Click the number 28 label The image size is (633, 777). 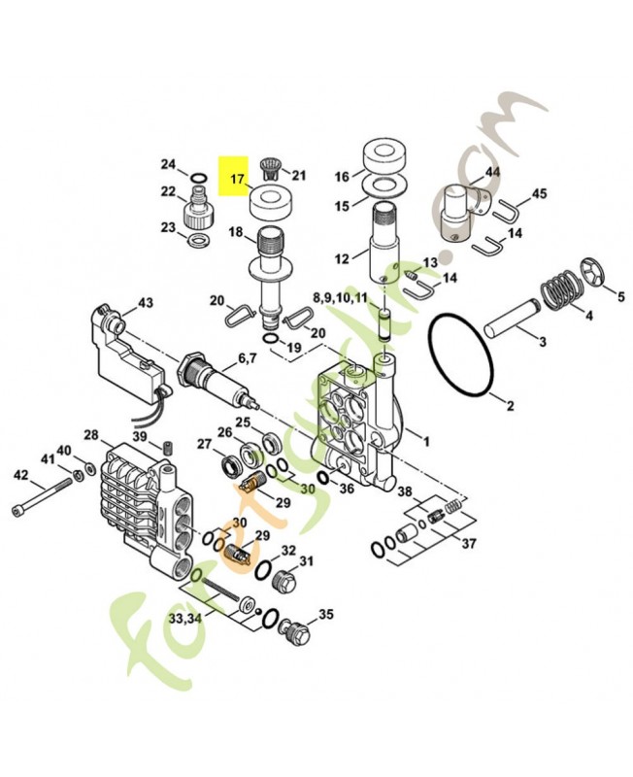pos(91,435)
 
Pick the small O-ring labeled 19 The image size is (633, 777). pos(270,339)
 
